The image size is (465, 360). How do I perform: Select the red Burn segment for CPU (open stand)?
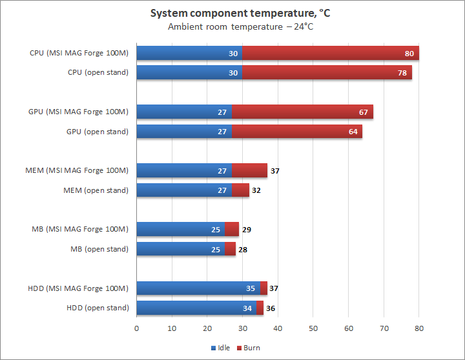pos(327,72)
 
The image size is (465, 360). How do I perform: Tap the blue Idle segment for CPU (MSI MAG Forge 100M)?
pos(189,53)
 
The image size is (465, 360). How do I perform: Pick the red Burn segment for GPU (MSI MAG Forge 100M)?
pos(302,112)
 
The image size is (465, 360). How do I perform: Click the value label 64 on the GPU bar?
pos(353,132)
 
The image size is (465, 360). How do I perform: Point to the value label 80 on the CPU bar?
pos(409,53)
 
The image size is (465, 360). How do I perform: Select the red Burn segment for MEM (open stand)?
pos(240,190)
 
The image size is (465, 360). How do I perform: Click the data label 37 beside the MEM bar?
pos(274,170)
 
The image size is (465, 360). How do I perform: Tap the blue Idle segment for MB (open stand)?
pos(180,249)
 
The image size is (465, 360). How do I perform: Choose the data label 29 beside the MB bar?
pos(246,229)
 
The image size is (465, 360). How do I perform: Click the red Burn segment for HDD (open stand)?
pos(260,308)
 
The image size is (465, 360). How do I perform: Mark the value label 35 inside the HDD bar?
pos(251,288)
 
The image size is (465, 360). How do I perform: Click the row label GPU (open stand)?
pos(97,132)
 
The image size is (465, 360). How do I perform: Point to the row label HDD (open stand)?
pos(98,308)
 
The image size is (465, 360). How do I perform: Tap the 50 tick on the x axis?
pos(313,328)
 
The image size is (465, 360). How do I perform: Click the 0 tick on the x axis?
pos(137,328)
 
